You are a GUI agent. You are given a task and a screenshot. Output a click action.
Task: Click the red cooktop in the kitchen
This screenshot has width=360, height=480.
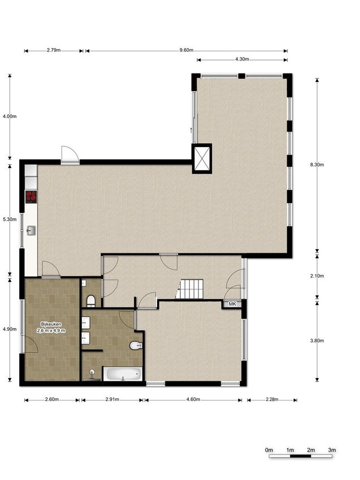click(31, 197)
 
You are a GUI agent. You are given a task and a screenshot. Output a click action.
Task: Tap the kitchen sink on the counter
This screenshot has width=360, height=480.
click(31, 230)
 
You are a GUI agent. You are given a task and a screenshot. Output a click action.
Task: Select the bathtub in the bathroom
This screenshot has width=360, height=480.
click(123, 374)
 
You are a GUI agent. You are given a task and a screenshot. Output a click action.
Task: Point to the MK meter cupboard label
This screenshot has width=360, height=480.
click(233, 304)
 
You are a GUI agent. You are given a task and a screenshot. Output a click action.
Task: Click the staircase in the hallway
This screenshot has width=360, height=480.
click(191, 289)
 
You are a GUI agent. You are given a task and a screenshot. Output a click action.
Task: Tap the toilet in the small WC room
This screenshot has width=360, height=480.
click(91, 301)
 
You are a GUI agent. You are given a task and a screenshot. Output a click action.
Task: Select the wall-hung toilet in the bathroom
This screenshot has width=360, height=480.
click(136, 346)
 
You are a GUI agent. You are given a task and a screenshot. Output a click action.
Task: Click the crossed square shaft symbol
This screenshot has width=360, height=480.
click(202, 158)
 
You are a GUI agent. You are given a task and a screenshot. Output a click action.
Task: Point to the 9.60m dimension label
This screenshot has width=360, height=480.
click(187, 51)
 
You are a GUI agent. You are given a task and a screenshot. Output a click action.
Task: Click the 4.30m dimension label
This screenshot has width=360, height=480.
click(242, 59)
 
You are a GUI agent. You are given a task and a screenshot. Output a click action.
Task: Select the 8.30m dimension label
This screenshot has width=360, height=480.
click(317, 164)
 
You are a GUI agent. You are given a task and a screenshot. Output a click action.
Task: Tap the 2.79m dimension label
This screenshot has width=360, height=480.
click(53, 51)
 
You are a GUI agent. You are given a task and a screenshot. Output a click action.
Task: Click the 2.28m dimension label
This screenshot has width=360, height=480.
click(272, 399)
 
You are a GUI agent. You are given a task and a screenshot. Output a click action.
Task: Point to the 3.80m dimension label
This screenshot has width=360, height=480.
click(317, 340)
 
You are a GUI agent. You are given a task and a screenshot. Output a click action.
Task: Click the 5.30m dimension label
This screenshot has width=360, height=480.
click(10, 219)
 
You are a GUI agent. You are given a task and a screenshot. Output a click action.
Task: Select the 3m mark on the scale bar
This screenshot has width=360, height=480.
click(332, 450)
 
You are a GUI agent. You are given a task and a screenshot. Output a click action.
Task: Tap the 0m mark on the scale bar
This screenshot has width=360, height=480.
click(269, 450)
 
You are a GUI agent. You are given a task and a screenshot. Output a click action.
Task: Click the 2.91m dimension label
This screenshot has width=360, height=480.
click(113, 399)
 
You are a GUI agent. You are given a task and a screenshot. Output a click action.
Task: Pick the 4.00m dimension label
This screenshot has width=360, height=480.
click(10, 116)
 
